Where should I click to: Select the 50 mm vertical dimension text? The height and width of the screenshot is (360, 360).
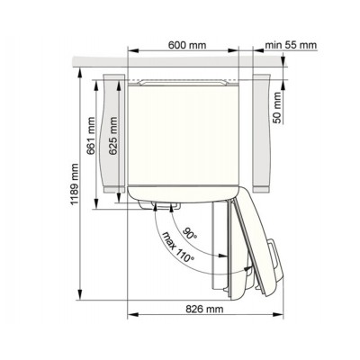pyautogui.click(x=279, y=104)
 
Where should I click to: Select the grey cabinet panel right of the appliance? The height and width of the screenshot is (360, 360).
pyautogui.click(x=263, y=135)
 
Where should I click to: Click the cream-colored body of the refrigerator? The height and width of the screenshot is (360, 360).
pyautogui.click(x=184, y=135)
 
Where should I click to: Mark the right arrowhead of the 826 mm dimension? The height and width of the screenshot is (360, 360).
pyautogui.click(x=278, y=318)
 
